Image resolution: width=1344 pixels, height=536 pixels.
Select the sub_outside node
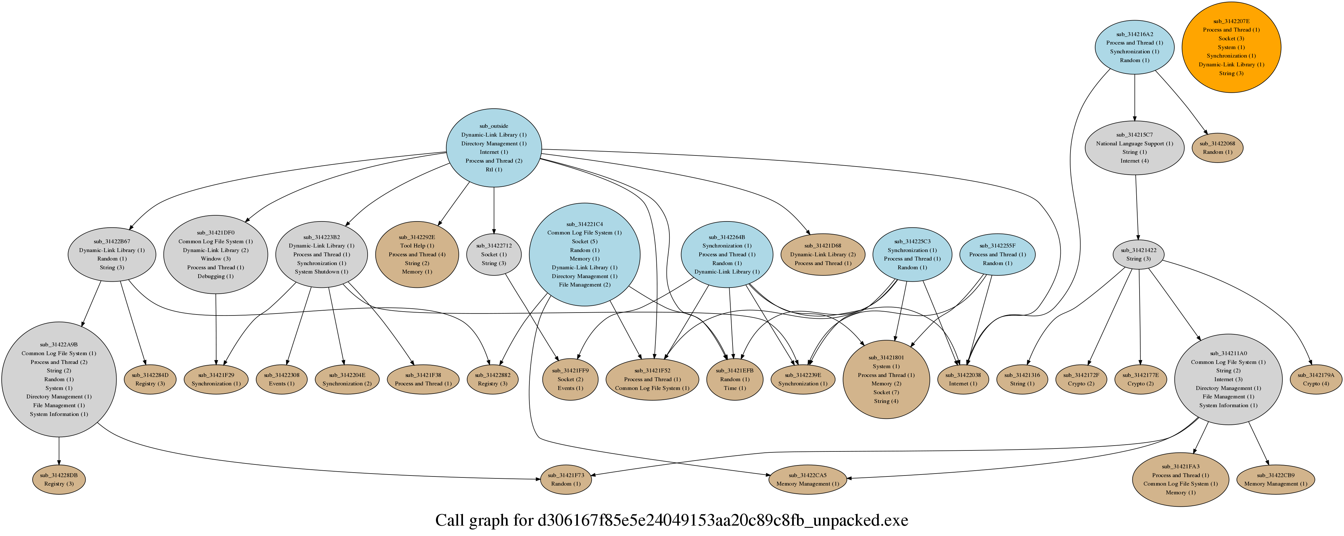494,148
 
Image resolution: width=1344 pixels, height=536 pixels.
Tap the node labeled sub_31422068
1217,148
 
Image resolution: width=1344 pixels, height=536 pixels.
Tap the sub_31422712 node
494,254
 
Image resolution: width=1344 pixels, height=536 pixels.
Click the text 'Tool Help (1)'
416,246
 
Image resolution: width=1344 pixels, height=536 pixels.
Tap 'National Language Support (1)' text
1134,143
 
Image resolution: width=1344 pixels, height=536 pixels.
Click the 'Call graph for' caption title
671,520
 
